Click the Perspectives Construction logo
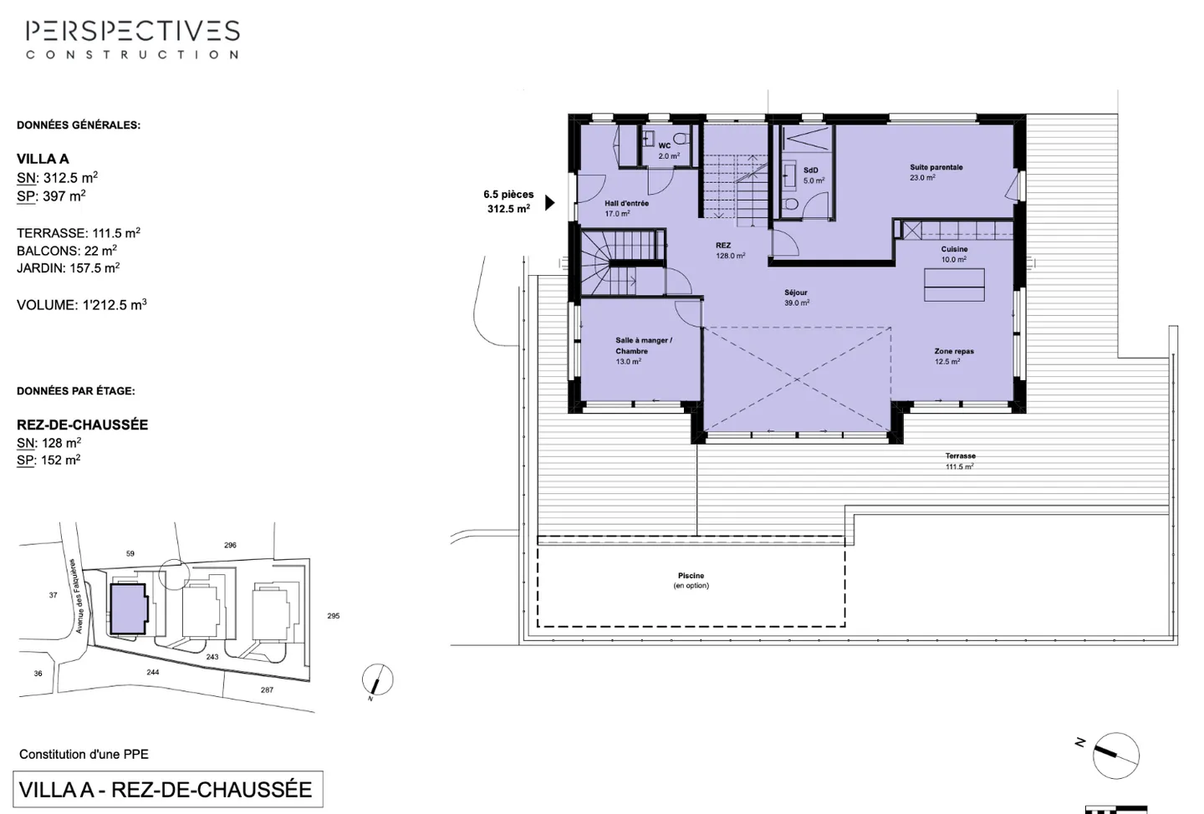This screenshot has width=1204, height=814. tap(132, 39)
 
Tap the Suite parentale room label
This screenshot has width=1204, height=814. tap(936, 172)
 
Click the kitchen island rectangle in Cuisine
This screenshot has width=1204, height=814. tap(954, 285)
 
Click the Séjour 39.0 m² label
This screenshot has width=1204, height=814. tap(796, 298)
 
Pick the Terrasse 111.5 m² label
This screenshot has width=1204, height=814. tap(960, 461)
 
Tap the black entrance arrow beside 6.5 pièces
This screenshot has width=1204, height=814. tap(549, 202)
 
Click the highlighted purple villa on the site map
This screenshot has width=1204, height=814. tap(129, 608)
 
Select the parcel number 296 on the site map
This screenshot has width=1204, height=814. tap(230, 545)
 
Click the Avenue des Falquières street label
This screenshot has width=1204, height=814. tap(79, 596)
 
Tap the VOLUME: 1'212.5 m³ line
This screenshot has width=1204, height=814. tap(82, 305)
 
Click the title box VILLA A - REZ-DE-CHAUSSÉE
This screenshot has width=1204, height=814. tap(166, 789)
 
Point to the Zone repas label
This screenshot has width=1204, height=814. tap(953, 356)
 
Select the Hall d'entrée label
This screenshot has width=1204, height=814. tap(625, 208)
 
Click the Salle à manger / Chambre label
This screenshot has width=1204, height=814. tap(642, 350)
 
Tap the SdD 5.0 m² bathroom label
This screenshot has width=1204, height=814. tap(813, 176)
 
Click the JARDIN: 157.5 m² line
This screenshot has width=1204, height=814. tap(69, 268)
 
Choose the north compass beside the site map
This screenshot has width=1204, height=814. tap(377, 680)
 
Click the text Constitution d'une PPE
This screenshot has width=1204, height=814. tap(84, 754)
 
